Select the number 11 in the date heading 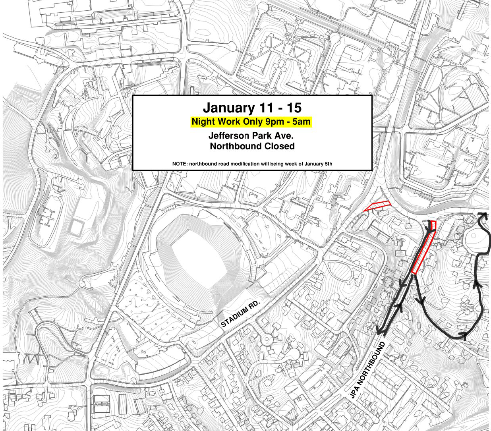[267, 108]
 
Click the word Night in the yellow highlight [204, 122]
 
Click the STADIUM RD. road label [240, 314]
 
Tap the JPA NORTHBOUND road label [368, 370]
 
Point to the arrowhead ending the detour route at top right [483, 215]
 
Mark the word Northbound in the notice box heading [236, 146]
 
